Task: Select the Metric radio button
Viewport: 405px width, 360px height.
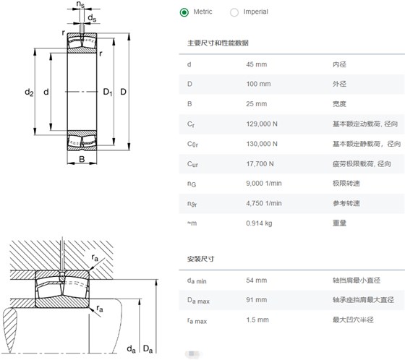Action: [x=184, y=12]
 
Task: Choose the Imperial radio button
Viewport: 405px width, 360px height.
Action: [x=234, y=12]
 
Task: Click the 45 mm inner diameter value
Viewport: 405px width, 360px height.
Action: [x=257, y=64]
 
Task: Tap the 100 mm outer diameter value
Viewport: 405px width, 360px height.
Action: [x=258, y=84]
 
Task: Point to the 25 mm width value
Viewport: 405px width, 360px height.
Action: [x=257, y=104]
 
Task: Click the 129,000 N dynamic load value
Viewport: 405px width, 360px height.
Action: [x=262, y=124]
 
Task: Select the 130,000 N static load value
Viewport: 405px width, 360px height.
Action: [x=262, y=144]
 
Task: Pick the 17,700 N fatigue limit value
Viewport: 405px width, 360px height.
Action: [x=260, y=163]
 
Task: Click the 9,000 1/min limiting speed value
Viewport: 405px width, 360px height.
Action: [x=264, y=184]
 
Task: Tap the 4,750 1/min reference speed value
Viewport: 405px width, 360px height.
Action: [x=264, y=203]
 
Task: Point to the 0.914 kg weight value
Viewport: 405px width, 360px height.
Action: [x=259, y=223]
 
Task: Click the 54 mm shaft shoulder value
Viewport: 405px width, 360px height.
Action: [x=257, y=280]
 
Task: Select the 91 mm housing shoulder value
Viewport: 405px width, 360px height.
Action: [x=257, y=300]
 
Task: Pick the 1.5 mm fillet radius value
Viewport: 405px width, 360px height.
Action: [x=257, y=320]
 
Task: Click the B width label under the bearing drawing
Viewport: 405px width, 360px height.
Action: [x=82, y=159]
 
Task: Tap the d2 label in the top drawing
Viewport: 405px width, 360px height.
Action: [x=29, y=93]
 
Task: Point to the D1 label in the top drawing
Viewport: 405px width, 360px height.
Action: [x=108, y=93]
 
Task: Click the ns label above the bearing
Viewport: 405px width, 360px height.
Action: [x=80, y=4]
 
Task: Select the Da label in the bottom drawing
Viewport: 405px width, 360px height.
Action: [x=148, y=349]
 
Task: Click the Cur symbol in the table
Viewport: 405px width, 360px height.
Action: [x=192, y=164]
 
